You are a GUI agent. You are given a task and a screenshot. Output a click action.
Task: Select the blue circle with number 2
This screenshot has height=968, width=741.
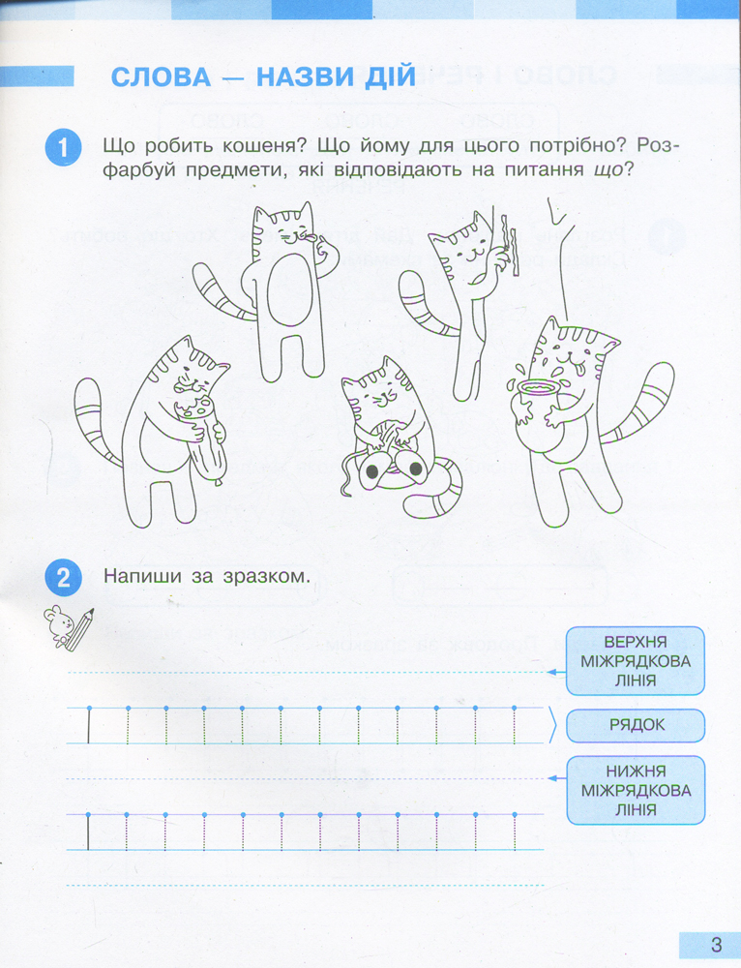point(63,579)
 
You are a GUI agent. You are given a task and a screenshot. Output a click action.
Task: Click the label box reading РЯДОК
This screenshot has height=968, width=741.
point(635,725)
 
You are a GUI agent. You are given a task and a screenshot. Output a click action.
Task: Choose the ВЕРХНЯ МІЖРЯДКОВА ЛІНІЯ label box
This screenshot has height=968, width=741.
point(635,661)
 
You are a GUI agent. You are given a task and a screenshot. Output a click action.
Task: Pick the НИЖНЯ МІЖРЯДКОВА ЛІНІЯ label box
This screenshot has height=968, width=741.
point(635,790)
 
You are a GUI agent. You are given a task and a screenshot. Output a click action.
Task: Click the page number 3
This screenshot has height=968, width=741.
point(715,944)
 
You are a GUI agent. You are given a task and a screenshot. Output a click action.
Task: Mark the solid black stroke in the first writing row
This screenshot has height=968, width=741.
point(89,726)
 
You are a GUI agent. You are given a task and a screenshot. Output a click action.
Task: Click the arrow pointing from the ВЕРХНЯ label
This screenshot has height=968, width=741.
point(553,671)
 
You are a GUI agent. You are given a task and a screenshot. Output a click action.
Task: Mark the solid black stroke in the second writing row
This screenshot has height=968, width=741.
point(89,832)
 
